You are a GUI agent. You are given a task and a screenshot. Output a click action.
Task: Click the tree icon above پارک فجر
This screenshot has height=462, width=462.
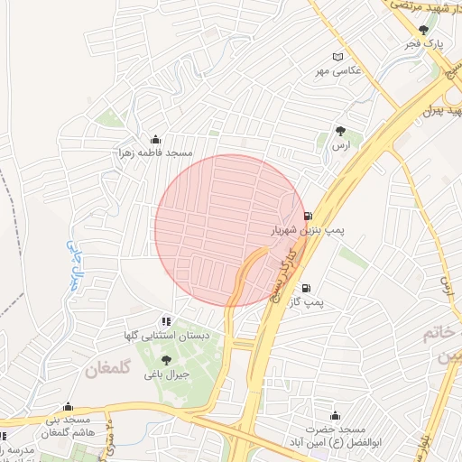pyautogui.click(x=423, y=30)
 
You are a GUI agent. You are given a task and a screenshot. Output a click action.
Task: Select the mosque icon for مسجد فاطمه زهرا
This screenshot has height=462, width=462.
pyautogui.click(x=155, y=139)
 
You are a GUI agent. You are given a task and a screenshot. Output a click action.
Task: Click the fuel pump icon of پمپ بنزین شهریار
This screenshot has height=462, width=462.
pyautogui.click(x=310, y=217)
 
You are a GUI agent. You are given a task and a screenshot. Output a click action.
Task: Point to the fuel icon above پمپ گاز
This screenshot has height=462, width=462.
pyautogui.click(x=306, y=289)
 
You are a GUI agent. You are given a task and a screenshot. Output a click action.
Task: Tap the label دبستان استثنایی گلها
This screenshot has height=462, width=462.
pyautogui.click(x=163, y=335)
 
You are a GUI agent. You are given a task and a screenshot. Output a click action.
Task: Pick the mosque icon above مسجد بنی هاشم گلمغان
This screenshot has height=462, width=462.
pyautogui.click(x=68, y=407)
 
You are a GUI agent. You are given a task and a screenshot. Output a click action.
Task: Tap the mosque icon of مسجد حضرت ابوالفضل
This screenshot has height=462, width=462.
pyautogui.click(x=335, y=416)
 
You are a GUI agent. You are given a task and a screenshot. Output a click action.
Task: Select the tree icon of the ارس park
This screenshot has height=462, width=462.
pyautogui.click(x=340, y=132)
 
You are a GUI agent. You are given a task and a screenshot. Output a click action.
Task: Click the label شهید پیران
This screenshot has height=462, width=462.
pyautogui.click(x=441, y=112)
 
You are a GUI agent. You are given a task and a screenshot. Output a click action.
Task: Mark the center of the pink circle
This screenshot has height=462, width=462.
pyautogui.click(x=230, y=230)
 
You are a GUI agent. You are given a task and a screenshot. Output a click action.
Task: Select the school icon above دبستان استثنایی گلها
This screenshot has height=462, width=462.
pyautogui.click(x=164, y=320)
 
